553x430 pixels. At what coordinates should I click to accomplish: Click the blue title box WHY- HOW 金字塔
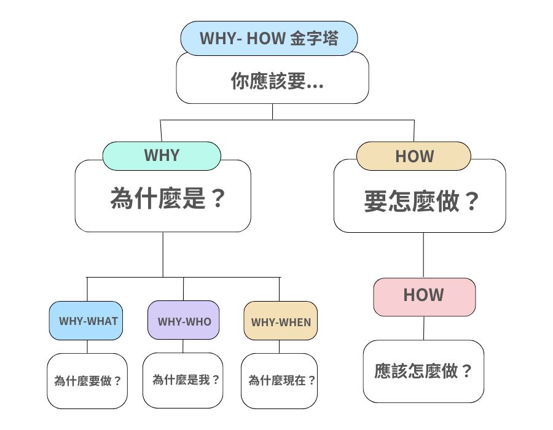[269, 37]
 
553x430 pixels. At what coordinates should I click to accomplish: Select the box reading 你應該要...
[272, 81]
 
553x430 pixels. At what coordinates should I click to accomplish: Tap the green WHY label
[162, 155]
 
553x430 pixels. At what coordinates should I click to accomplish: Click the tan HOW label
[414, 156]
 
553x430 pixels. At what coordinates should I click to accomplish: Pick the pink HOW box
[424, 296]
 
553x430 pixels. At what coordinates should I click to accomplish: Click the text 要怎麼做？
[421, 201]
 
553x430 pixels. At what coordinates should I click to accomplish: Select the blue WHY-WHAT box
[87, 321]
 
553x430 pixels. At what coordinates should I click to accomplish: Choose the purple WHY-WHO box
[183, 321]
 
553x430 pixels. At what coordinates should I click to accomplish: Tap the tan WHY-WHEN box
[280, 321]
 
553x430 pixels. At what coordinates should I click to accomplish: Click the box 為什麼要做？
[87, 380]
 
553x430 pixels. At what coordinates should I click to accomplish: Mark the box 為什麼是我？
[183, 380]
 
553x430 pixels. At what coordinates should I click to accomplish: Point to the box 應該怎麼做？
[423, 371]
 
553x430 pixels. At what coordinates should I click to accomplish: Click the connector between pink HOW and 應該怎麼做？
[423, 328]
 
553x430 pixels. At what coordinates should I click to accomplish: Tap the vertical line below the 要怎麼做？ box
[423, 255]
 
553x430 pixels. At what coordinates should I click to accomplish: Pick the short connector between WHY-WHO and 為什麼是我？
[183, 346]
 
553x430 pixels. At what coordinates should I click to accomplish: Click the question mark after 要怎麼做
[471, 201]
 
